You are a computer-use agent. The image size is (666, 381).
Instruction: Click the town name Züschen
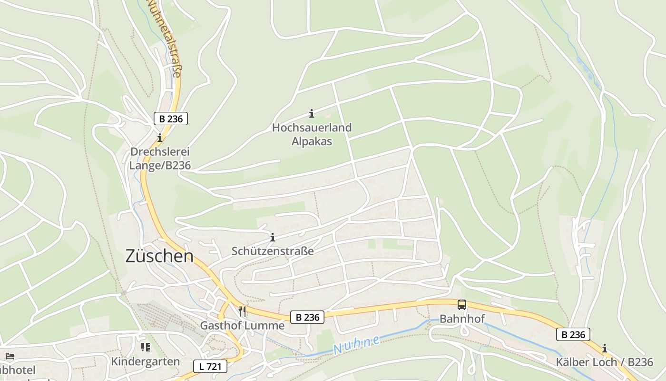click(x=159, y=256)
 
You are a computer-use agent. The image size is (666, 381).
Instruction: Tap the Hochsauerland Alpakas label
click(x=312, y=134)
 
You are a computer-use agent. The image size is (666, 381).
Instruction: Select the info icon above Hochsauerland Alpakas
click(x=312, y=113)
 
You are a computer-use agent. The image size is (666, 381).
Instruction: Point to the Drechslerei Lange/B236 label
click(x=160, y=159)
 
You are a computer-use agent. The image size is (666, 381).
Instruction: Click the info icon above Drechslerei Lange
click(x=160, y=138)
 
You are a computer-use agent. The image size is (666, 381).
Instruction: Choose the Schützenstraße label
click(x=273, y=251)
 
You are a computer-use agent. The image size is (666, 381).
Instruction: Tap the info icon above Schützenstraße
click(x=273, y=237)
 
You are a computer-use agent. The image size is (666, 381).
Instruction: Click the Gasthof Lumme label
click(x=242, y=326)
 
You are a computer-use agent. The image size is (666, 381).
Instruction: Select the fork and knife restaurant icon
click(x=242, y=311)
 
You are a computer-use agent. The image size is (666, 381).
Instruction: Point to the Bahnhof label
click(x=461, y=319)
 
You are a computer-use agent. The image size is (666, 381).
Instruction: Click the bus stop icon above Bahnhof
click(x=461, y=305)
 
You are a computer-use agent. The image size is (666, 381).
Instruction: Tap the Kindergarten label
click(x=146, y=361)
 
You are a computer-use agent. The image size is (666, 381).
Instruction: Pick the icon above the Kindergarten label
click(x=145, y=347)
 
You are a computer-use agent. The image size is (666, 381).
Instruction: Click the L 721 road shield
click(x=210, y=366)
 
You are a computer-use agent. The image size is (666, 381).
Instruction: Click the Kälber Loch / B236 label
click(x=604, y=362)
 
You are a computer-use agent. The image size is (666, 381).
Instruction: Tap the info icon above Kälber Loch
click(x=604, y=348)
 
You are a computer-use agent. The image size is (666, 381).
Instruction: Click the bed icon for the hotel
click(x=10, y=356)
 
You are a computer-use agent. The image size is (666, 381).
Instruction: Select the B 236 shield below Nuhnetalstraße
click(x=171, y=119)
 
